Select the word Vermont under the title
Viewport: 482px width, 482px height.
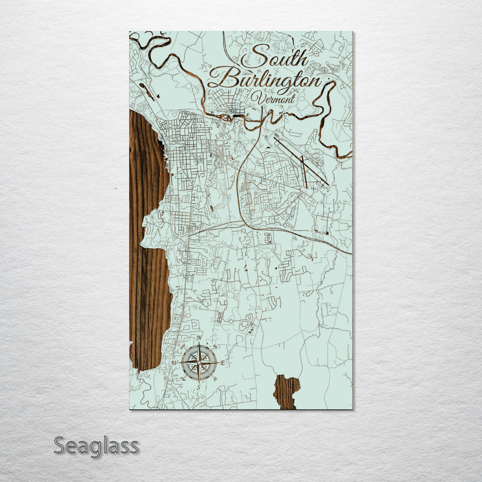tap(273, 98)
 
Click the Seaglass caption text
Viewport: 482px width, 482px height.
tap(96, 446)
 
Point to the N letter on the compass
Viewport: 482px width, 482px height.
tap(199, 338)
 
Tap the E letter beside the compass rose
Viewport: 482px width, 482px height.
tap(223, 362)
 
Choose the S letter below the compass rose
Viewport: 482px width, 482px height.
tap(199, 387)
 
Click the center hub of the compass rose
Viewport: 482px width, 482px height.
tap(199, 362)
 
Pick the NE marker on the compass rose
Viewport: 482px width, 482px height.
tap(215, 346)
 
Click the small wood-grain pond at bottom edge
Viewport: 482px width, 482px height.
tap(286, 391)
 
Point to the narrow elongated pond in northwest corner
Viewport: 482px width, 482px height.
tap(147, 92)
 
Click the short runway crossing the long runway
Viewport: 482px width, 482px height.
tap(304, 172)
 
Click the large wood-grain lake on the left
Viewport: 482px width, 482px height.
tap(147, 250)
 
